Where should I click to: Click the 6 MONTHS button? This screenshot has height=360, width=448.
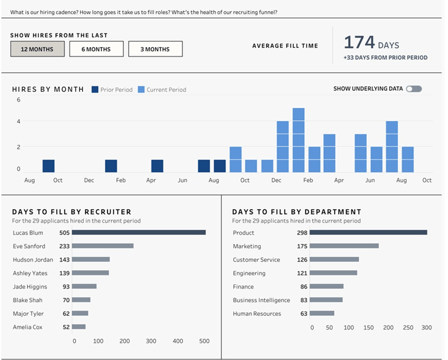pyautogui.click(x=96, y=49)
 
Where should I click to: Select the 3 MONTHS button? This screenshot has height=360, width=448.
pyautogui.click(x=155, y=49)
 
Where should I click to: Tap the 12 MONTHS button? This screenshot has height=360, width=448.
pyautogui.click(x=37, y=49)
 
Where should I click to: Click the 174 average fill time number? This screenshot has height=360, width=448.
pyautogui.click(x=359, y=42)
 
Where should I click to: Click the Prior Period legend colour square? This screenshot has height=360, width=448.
pyautogui.click(x=95, y=90)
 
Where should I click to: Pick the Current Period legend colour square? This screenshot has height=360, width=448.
pyautogui.click(x=141, y=90)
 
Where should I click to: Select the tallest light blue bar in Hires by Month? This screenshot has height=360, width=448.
pyautogui.click(x=298, y=140)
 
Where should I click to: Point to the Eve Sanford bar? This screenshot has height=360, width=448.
pyautogui.click(x=103, y=246)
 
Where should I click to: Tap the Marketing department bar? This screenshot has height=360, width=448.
pyautogui.click(x=344, y=246)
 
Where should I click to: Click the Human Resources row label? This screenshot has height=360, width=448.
pyautogui.click(x=257, y=314)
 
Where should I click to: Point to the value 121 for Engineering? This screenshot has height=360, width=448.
pyautogui.click(x=302, y=273)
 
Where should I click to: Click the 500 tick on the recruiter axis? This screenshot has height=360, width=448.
pyautogui.click(x=204, y=341)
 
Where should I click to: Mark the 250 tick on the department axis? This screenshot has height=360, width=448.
pyautogui.click(x=408, y=327)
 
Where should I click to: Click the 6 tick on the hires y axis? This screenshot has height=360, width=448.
pyautogui.click(x=19, y=100)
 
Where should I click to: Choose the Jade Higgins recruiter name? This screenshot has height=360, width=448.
pyautogui.click(x=30, y=287)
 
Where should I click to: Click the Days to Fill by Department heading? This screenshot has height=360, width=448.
pyautogui.click(x=297, y=212)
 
